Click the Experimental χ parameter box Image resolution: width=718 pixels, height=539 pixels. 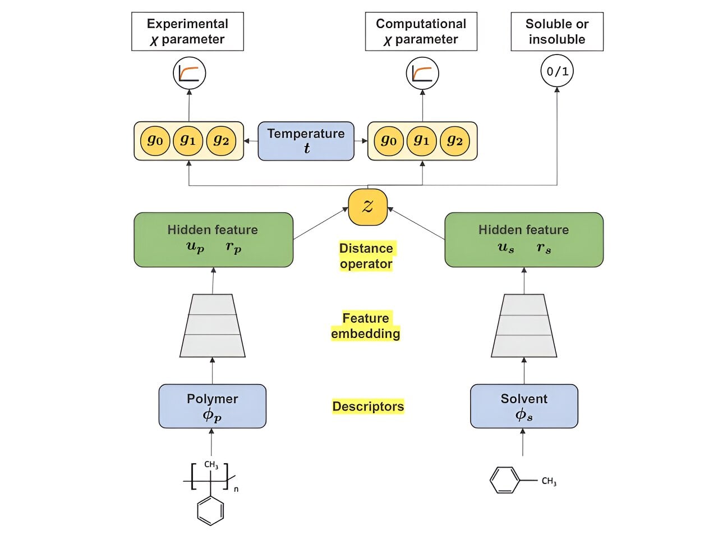tap(187, 31)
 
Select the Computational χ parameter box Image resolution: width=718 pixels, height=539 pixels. tap(421, 31)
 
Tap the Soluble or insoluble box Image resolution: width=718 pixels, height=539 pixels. tap(556, 31)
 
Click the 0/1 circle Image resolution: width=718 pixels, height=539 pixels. tap(557, 71)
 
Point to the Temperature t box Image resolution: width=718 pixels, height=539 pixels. tap(306, 141)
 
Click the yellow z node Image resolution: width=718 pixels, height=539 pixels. tap(367, 207)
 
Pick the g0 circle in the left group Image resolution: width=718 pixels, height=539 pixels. tap(155, 140)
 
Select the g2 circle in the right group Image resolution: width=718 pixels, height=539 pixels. tap(455, 140)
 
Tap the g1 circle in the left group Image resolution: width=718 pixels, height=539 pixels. tap(188, 140)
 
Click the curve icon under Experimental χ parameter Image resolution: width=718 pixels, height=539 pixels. tap(189, 74)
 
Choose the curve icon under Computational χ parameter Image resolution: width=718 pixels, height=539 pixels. tap(422, 74)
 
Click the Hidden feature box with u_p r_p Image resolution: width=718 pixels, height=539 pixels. tap(213, 239)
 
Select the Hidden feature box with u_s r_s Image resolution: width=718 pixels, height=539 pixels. tap(524, 239)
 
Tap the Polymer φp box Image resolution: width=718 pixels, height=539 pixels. tap(212, 406)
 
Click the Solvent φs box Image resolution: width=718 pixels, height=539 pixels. tap(524, 406)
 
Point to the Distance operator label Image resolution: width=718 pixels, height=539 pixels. tap(366, 256)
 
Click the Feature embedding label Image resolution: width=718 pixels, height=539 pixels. tap(366, 326)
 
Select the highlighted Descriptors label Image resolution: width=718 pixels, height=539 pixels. tap(368, 406)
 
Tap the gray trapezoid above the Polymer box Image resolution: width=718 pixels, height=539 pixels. tap(212, 326)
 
